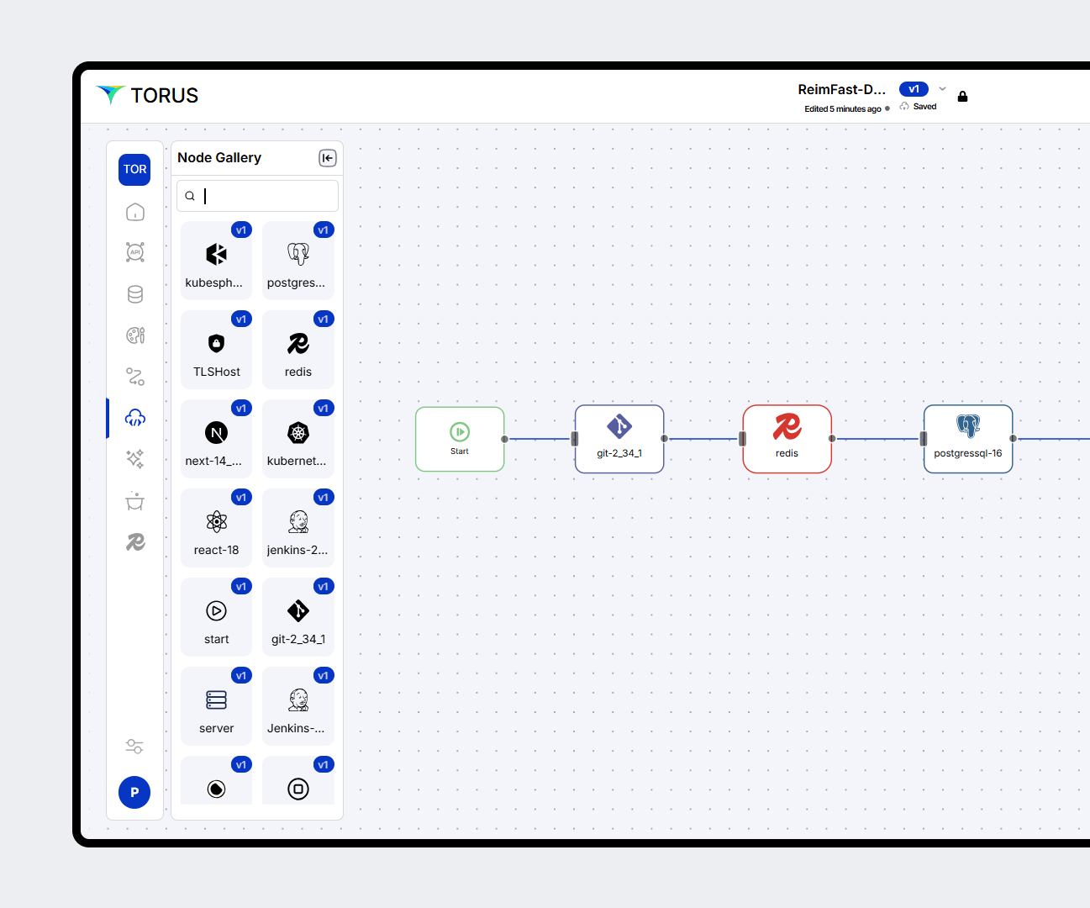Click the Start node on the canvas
460,439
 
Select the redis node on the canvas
787,439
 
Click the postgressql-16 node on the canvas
967,439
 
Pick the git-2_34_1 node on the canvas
619,439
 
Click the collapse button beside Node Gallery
328,158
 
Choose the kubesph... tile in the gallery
216,261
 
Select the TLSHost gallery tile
216,350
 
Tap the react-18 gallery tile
216,528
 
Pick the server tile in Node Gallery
216,706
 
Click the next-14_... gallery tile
216,439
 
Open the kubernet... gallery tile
298,439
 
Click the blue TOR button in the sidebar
134,170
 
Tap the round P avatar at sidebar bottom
134,792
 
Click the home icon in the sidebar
135,212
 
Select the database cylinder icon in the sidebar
135,294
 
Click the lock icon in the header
962,97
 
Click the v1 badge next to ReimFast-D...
914,89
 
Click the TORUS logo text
164,96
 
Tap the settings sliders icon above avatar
134,746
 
